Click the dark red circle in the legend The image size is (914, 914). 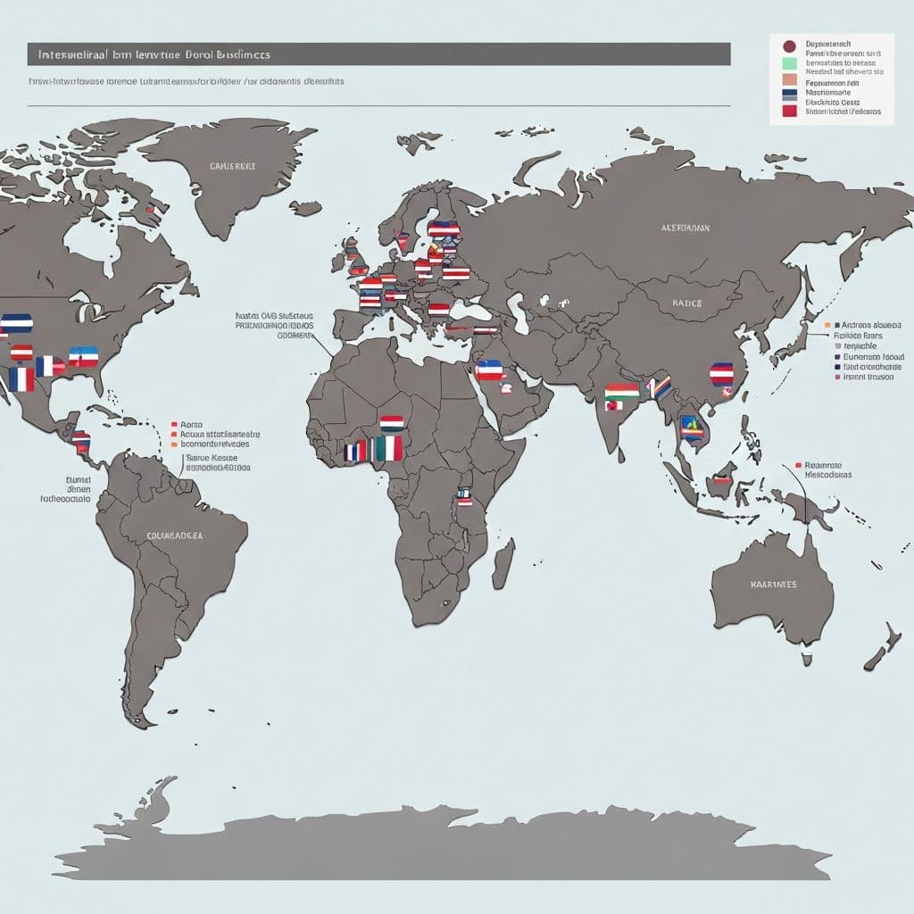[x=788, y=46]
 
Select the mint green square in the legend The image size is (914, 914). [x=788, y=63]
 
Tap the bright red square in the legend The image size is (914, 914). [x=788, y=111]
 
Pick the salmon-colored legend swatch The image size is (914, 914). [x=788, y=79]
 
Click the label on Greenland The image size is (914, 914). [x=232, y=166]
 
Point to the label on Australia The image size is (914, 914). [x=773, y=585]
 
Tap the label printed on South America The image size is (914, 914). [x=174, y=536]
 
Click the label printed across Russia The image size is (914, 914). [x=685, y=228]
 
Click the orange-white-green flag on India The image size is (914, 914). [x=621, y=391]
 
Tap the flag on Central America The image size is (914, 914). [x=81, y=440]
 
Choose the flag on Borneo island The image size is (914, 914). [x=722, y=480]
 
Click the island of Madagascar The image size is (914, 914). [x=503, y=563]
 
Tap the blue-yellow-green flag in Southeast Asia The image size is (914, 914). [x=691, y=427]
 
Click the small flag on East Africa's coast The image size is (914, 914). [x=463, y=496]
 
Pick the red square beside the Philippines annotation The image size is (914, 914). [x=796, y=465]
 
